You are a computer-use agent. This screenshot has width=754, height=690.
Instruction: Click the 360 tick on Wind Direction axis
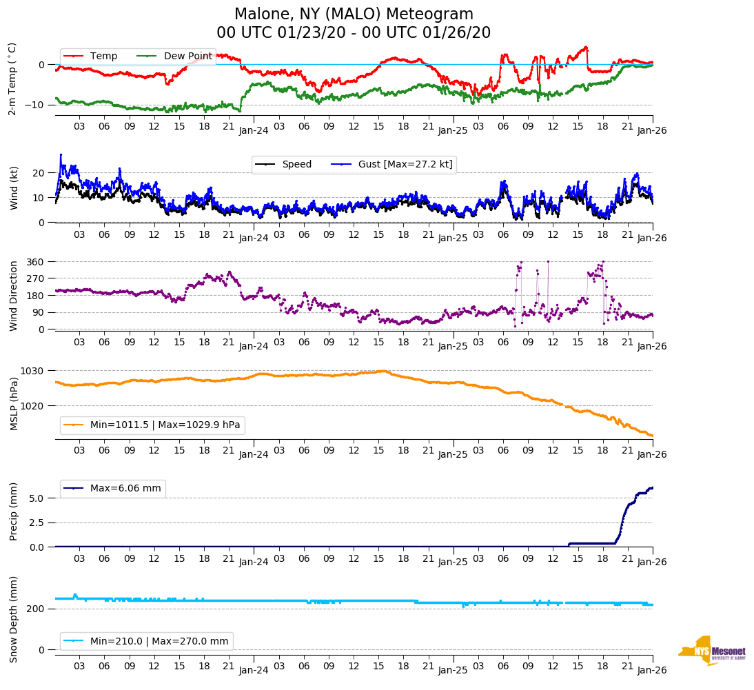tap(37, 262)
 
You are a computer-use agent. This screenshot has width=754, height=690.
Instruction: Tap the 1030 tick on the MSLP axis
tap(34, 371)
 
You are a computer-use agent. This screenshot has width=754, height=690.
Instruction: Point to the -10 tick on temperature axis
tap(36, 105)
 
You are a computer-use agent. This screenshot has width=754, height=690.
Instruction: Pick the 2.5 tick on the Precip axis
tap(37, 522)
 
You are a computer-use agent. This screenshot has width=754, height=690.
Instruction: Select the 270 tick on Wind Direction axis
tap(37, 278)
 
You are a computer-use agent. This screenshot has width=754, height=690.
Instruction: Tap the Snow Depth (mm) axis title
tap(14, 618)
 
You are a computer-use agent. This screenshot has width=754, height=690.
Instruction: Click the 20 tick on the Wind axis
tap(39, 173)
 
